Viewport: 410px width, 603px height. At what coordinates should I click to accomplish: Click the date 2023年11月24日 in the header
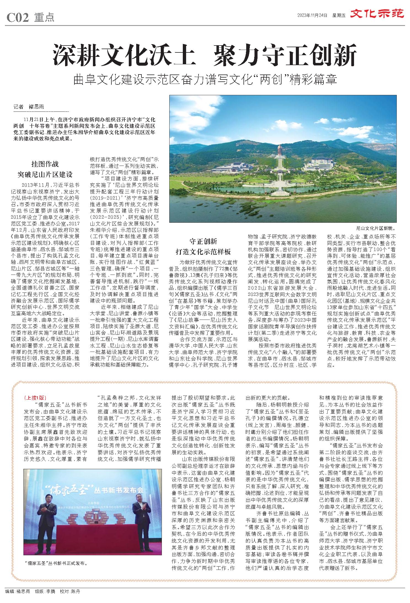click(312, 15)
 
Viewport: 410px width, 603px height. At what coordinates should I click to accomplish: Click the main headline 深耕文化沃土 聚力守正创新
click(205, 54)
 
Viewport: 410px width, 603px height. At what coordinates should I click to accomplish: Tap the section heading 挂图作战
click(45, 164)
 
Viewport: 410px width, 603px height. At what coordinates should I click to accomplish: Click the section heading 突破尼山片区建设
click(45, 174)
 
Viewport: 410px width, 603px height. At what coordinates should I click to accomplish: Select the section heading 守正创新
click(203, 241)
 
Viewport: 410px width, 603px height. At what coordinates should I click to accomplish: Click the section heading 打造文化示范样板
click(203, 252)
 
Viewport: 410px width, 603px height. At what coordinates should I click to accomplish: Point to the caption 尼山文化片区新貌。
click(376, 229)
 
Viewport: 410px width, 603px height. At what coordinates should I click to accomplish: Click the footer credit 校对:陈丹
click(70, 591)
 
